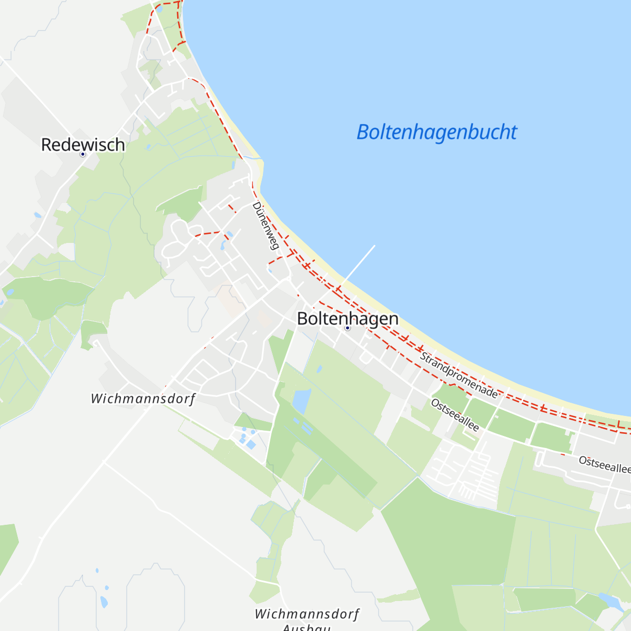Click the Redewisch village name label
pos(83,145)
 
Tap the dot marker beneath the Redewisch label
pos(83,154)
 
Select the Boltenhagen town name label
pos(348,318)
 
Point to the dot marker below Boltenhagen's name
pos(347,328)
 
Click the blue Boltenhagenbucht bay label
pos(436,132)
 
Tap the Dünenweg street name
pos(266,226)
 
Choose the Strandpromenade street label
pos(459,375)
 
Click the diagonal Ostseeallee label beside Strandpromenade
pos(455,415)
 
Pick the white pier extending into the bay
pos(358,266)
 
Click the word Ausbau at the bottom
pos(307,627)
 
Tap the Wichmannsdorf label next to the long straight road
pos(143,399)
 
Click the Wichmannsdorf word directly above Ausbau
pos(307,614)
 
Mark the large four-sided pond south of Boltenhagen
pos(301,401)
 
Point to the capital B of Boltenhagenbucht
pos(363,132)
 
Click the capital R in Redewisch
pos(46,145)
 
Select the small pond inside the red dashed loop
pos(159,9)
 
